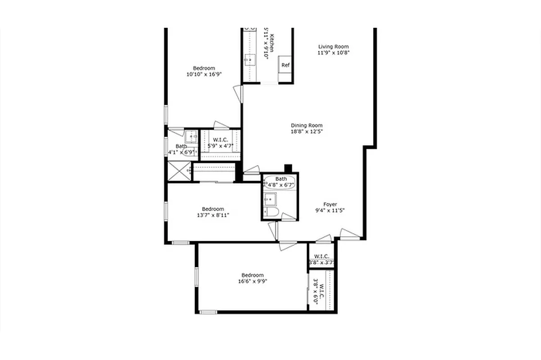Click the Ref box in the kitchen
click(x=285, y=65)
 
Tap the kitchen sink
click(x=249, y=59)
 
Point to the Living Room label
click(x=333, y=46)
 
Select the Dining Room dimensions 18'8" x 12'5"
click(x=307, y=131)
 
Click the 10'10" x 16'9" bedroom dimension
click(x=204, y=74)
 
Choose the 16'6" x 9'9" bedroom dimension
click(x=252, y=281)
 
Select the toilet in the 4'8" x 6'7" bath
click(x=271, y=211)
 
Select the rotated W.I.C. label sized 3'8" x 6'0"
click(x=321, y=290)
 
